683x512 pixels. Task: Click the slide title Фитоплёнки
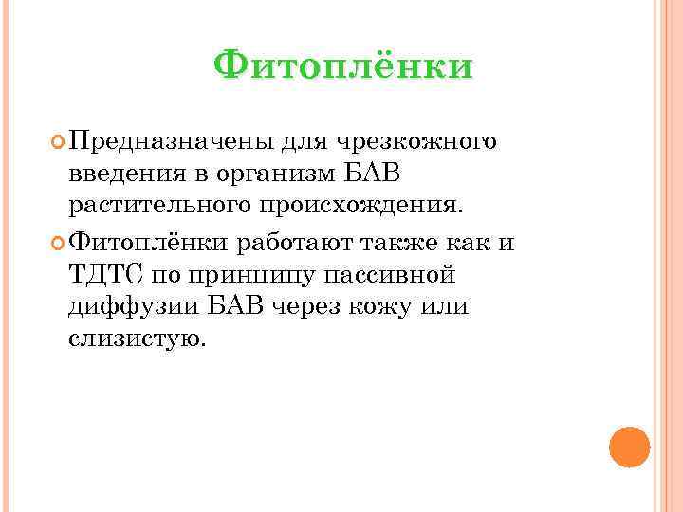tap(342, 66)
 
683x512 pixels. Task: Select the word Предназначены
tap(171, 142)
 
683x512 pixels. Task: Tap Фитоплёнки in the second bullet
tap(150, 242)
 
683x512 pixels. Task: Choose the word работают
tap(297, 242)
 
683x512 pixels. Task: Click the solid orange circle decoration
tap(629, 447)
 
